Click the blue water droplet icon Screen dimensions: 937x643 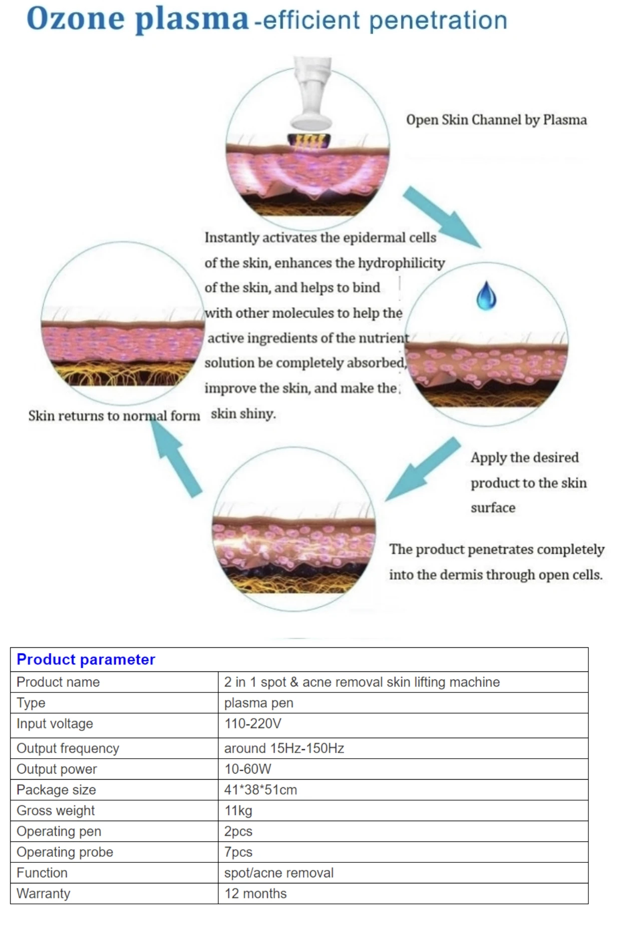(x=486, y=296)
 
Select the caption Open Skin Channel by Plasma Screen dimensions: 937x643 (x=496, y=120)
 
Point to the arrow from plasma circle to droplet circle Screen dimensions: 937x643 (x=441, y=216)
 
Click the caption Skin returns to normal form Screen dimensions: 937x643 (x=114, y=416)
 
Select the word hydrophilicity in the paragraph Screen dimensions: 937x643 (x=401, y=263)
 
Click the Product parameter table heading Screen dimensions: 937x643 (x=86, y=659)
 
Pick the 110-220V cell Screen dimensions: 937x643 (x=252, y=724)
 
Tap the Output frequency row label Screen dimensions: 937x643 (x=68, y=748)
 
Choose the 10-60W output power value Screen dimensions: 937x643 (x=247, y=769)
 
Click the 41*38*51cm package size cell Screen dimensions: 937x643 (x=260, y=790)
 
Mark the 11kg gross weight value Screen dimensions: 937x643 (x=238, y=810)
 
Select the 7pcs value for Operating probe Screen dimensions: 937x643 (x=238, y=852)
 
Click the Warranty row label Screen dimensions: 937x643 (x=43, y=893)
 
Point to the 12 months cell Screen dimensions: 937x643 (x=255, y=893)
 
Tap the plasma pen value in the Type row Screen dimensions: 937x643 (x=258, y=703)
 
